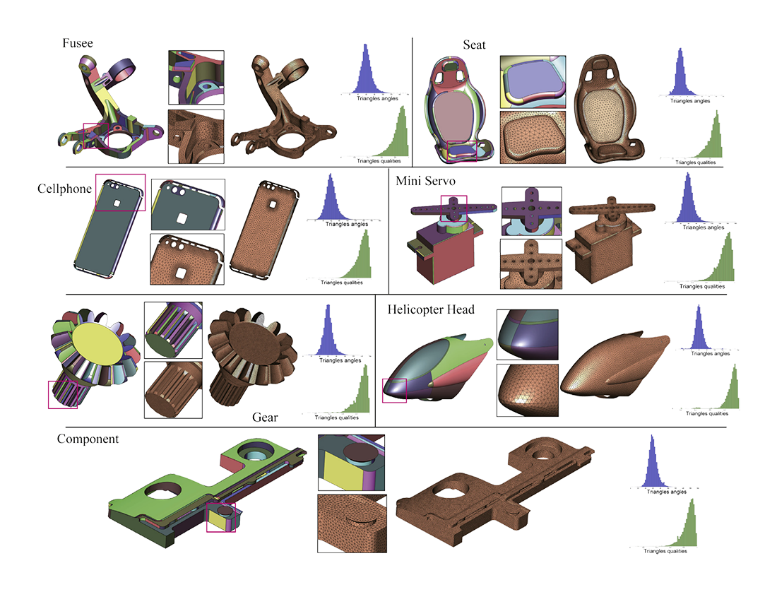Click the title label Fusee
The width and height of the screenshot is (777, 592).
click(x=78, y=44)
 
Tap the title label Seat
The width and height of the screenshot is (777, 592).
click(x=474, y=45)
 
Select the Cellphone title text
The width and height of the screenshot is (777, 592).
click(x=64, y=189)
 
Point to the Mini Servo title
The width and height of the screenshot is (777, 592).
click(x=426, y=180)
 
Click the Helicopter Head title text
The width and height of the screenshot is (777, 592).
click(x=431, y=309)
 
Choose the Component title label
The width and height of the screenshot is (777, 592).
click(x=88, y=439)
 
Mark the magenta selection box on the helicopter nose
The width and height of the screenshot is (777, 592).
click(x=394, y=390)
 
